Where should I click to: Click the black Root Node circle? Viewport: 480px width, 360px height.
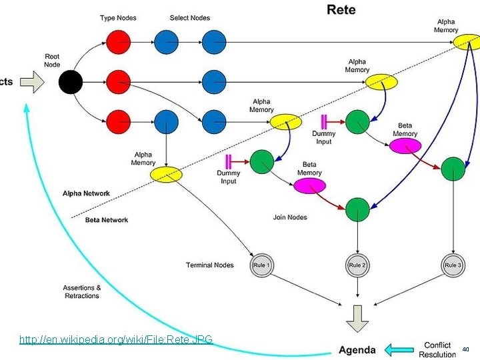tap(71, 83)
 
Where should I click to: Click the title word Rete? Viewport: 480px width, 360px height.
tap(341, 9)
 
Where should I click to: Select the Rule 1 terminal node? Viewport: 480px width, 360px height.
tap(261, 265)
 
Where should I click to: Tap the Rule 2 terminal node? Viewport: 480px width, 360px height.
tap(358, 265)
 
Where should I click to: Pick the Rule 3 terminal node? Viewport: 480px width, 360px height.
tap(453, 265)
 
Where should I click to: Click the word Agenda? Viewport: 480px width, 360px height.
tap(357, 350)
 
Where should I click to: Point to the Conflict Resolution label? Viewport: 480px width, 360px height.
tap(437, 349)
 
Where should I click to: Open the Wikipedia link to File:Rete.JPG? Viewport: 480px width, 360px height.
tap(116, 340)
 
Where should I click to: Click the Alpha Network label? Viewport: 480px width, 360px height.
tap(87, 193)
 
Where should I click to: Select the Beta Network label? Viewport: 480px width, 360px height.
tap(107, 220)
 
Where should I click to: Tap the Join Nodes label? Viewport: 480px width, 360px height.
tap(290, 217)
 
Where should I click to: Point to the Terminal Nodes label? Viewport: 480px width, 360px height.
tap(210, 265)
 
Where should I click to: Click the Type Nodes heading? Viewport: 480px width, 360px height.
tap(118, 18)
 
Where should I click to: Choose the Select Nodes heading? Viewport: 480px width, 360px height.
tap(190, 18)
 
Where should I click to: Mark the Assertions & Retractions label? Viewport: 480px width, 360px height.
tap(82, 292)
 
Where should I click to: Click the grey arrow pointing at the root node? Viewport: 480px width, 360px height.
tap(32, 83)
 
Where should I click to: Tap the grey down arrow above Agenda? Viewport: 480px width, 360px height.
tap(358, 318)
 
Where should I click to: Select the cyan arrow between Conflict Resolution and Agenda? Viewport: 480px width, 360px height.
tap(400, 350)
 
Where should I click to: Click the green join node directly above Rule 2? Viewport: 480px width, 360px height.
tap(358, 209)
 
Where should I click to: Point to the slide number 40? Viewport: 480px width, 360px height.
tap(466, 349)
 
